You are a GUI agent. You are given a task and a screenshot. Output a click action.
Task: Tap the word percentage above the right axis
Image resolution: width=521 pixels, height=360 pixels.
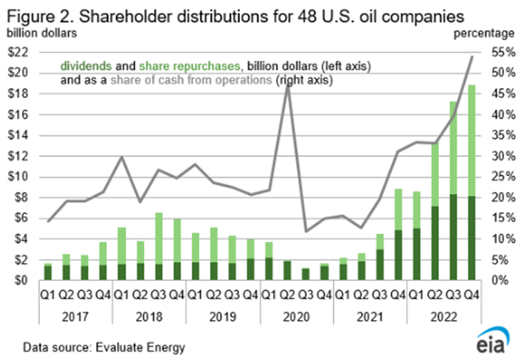coord(482,31)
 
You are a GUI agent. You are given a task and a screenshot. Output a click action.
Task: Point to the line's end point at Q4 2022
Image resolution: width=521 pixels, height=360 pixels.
coord(472,57)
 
